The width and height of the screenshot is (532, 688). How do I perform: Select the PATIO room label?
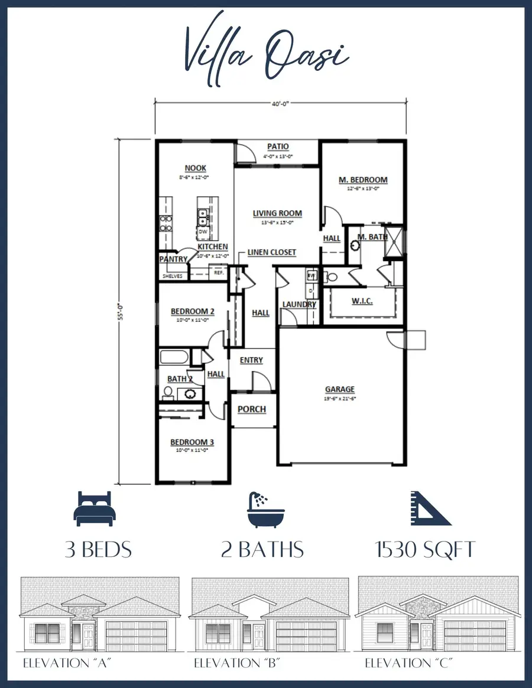pyautogui.click(x=278, y=146)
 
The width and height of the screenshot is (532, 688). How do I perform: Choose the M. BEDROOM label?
pyautogui.click(x=363, y=180)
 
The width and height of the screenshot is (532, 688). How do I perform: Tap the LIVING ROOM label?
pyautogui.click(x=277, y=213)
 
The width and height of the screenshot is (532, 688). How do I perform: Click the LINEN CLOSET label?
pyautogui.click(x=271, y=252)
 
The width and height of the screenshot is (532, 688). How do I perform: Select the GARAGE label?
pyautogui.click(x=340, y=389)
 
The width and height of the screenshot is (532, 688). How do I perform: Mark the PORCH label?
pyautogui.click(x=252, y=409)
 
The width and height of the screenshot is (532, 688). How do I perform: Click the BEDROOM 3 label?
pyautogui.click(x=189, y=442)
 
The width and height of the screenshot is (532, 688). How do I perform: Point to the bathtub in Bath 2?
pyautogui.click(x=174, y=357)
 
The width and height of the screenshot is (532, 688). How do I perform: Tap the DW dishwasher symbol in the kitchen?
pyautogui.click(x=203, y=232)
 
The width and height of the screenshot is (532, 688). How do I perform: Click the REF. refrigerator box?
pyautogui.click(x=218, y=272)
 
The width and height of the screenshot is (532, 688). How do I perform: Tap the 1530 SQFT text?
pyautogui.click(x=426, y=550)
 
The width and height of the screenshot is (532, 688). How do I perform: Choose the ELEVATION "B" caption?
pyautogui.click(x=236, y=663)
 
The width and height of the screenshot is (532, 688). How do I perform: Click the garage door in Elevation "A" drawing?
pyautogui.click(x=136, y=635)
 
